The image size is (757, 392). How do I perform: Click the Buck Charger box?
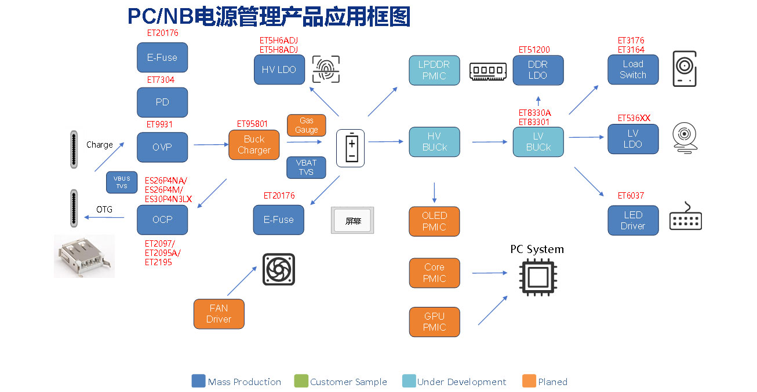click(254, 145)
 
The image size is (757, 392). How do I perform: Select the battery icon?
click(351, 148)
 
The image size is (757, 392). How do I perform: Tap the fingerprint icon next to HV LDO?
click(326, 69)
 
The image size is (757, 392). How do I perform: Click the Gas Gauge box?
click(306, 125)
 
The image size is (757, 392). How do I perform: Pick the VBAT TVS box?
click(306, 167)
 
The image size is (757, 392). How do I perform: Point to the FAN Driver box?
click(219, 314)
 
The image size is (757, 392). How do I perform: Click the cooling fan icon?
click(279, 269)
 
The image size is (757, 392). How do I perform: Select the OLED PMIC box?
click(434, 221)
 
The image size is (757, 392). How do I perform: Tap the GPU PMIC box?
click(434, 322)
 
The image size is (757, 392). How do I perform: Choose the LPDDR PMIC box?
click(434, 70)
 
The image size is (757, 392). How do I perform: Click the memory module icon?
click(488, 71)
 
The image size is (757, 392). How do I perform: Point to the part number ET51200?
click(534, 50)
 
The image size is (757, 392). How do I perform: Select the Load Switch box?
click(633, 69)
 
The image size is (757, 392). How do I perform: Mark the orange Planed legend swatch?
click(529, 381)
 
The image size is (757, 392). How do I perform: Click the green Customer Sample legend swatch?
click(301, 381)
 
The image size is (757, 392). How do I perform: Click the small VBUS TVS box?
click(122, 182)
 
